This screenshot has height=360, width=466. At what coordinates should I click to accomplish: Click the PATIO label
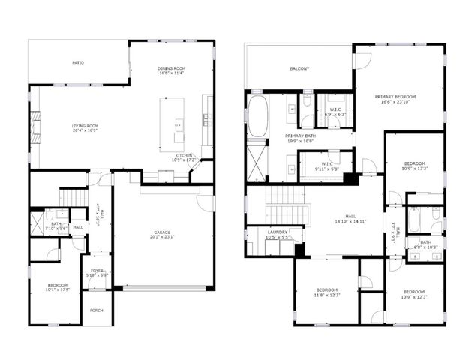pos(78,62)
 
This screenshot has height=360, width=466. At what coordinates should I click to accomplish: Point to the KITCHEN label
pos(183,155)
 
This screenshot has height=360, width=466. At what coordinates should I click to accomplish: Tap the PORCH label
pos(96,310)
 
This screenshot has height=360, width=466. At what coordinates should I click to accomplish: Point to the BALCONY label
pos(299,68)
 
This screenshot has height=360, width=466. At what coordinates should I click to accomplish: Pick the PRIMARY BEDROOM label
pos(396,96)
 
